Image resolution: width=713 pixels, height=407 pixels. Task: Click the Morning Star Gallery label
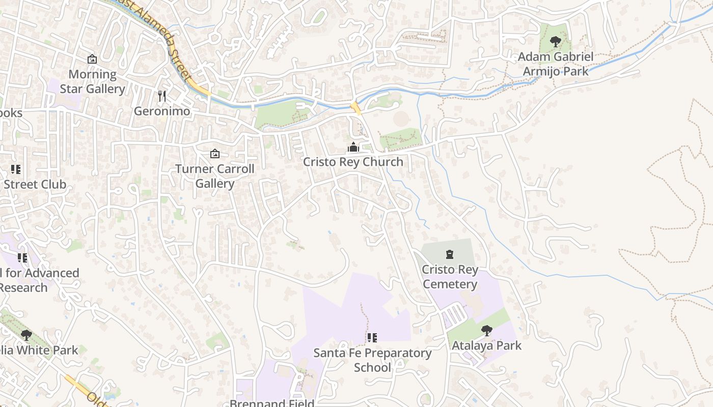(x=92, y=81)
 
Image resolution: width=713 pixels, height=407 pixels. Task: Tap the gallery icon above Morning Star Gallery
(x=92, y=60)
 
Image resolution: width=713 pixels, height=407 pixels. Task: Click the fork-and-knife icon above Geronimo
(x=162, y=96)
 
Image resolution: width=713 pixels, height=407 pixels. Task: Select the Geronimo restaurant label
(x=162, y=111)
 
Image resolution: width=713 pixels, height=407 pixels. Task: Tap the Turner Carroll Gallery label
(x=215, y=176)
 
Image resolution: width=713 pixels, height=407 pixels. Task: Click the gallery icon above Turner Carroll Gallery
(x=215, y=153)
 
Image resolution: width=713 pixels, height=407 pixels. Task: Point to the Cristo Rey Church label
(x=353, y=162)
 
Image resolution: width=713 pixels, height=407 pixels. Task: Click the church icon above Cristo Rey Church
(x=353, y=148)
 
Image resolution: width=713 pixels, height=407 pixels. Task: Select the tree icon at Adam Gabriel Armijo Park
(x=556, y=42)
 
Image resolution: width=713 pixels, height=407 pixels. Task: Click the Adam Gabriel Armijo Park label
(x=556, y=64)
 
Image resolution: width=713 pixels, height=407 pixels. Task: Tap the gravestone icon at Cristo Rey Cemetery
(x=449, y=254)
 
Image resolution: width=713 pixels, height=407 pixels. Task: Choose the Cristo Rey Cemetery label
(x=450, y=277)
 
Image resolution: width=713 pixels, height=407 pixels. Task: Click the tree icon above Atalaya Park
(x=487, y=331)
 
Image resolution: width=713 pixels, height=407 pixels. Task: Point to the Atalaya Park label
(x=487, y=345)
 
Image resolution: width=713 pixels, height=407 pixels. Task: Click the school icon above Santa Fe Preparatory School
(x=372, y=337)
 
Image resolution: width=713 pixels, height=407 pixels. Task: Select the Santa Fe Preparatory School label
(x=372, y=360)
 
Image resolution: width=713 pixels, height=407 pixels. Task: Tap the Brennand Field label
(x=271, y=403)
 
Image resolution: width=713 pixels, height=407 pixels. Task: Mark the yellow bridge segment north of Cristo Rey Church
(x=355, y=108)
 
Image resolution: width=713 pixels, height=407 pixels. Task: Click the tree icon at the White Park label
(x=26, y=335)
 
